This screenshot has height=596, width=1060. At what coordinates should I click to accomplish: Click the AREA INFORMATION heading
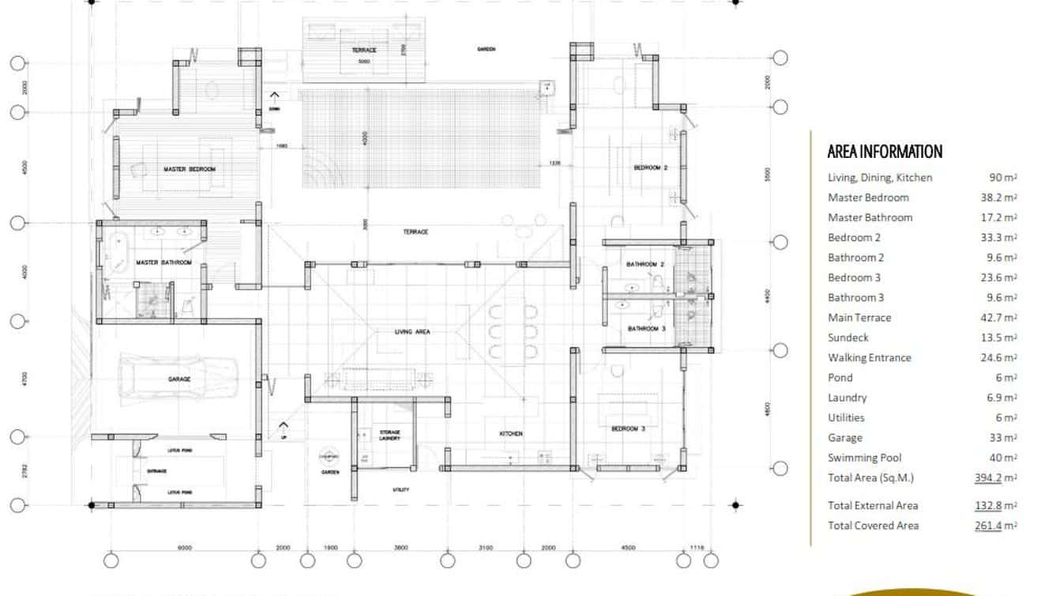click(885, 152)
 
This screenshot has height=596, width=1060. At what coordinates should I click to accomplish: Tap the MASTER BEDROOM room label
click(189, 169)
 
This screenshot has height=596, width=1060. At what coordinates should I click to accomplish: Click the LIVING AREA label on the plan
click(412, 332)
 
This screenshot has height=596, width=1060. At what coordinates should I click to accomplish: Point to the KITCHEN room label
click(510, 434)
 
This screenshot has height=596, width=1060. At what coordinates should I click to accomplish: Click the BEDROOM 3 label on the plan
click(629, 428)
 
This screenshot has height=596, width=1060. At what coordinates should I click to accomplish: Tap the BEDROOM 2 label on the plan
click(651, 168)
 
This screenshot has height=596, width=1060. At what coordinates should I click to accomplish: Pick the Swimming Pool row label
click(863, 458)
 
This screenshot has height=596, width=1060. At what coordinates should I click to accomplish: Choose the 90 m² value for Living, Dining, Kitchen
click(1002, 178)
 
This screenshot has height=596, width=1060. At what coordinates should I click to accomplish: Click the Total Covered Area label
click(873, 526)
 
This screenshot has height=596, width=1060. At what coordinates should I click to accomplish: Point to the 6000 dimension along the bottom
click(185, 547)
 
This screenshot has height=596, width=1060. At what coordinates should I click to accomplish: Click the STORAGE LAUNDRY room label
click(389, 436)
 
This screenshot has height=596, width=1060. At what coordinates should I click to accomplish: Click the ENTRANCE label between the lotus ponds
click(156, 471)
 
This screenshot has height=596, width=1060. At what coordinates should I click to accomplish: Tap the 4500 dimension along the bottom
click(628, 547)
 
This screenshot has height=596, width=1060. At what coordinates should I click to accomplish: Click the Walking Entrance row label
click(869, 358)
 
